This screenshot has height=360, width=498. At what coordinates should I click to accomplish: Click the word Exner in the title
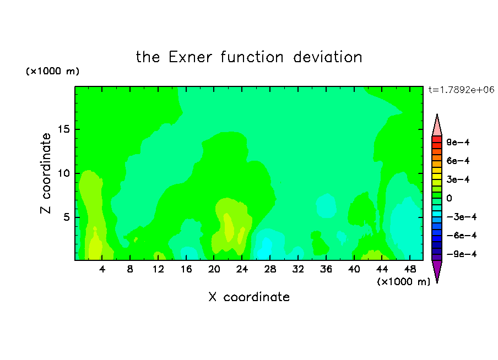190,57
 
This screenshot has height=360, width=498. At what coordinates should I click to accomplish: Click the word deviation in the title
327,57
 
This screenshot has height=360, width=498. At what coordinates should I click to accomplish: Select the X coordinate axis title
249,297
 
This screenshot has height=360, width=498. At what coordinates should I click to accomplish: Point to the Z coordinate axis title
45,173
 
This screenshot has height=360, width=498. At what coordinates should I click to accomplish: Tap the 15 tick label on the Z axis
63,129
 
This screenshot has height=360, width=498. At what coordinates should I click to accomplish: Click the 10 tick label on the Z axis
63,173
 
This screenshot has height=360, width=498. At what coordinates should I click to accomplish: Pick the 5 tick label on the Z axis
66,217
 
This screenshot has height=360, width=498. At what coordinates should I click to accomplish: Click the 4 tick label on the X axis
102,269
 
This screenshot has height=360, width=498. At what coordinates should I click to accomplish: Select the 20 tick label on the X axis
214,269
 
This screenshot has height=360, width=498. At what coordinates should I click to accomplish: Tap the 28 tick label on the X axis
270,269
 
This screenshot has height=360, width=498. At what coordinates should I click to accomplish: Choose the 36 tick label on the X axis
326,269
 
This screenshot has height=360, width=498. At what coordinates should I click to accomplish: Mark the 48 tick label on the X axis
410,269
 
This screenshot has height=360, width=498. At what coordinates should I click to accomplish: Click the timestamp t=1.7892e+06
461,90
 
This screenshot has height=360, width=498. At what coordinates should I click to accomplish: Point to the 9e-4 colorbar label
458,142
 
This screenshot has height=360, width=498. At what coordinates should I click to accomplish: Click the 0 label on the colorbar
449,198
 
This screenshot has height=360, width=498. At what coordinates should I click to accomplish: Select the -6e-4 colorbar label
462,236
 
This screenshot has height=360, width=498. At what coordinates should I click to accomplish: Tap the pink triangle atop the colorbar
437,125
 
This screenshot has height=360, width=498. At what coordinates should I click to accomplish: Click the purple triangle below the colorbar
437,270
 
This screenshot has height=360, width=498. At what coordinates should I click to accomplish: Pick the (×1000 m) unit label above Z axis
52,71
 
